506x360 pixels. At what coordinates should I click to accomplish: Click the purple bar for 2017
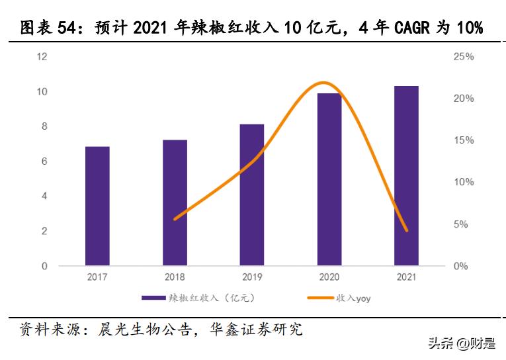97,206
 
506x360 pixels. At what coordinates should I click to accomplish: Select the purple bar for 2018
175,203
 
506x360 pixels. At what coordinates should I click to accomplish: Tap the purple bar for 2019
252,195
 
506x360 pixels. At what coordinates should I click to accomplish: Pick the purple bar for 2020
329,180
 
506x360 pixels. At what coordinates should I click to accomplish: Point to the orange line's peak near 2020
323,83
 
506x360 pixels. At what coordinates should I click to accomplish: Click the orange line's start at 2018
175,219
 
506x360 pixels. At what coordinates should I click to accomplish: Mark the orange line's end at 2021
406,230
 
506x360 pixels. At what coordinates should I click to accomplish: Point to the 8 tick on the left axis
44,126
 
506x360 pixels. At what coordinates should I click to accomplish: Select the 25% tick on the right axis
464,57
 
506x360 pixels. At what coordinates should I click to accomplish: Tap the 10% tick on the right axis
464,182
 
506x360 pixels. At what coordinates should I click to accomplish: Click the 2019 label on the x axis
252,277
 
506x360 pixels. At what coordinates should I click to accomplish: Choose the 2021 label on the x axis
406,277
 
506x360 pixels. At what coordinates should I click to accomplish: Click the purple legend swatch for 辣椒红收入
154,298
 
